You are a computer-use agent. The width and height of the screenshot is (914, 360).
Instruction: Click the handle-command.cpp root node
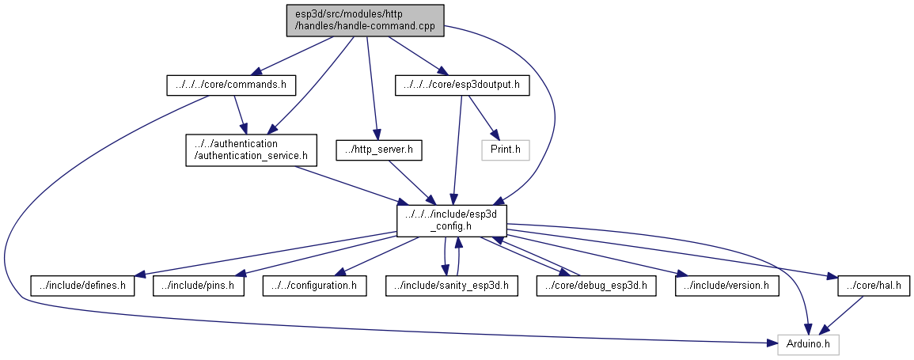(365, 20)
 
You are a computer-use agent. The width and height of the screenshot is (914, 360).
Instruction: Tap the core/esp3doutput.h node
(461, 85)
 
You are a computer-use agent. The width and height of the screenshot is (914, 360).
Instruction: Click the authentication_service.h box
(251, 150)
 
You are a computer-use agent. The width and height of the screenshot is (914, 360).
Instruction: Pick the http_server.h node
(379, 150)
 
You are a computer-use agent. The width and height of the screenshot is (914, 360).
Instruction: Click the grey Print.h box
(506, 150)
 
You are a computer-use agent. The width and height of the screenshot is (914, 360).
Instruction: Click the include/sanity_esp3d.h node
(452, 285)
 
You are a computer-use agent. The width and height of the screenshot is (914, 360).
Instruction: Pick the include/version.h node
(727, 285)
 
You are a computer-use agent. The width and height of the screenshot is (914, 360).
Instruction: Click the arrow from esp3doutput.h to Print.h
(484, 118)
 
